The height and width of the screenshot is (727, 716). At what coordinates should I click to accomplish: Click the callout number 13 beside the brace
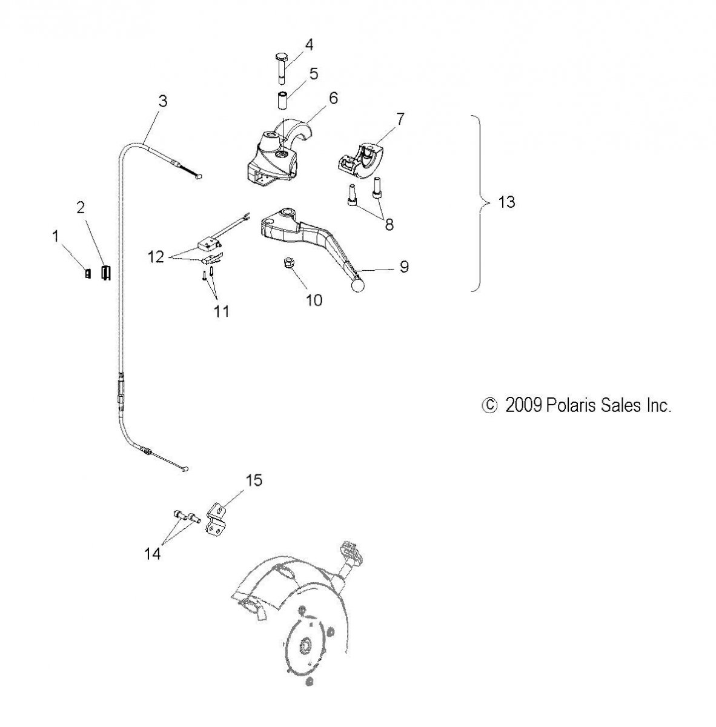pos(506,202)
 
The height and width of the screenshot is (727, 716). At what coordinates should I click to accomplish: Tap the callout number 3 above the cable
pos(162,101)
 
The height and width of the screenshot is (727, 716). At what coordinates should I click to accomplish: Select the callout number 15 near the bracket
pos(254,480)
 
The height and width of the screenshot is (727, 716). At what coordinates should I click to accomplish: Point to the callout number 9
pos(404,267)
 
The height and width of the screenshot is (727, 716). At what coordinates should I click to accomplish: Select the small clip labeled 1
pos(88,273)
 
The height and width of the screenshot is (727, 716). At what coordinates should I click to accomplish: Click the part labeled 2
pos(106,273)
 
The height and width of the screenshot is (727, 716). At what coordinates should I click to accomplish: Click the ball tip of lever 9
pos(358,285)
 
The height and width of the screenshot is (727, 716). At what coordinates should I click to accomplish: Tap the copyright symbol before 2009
pos(489,405)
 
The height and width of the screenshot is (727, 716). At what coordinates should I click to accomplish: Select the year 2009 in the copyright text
pos(523,405)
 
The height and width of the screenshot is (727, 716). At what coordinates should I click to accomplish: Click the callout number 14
pos(153,554)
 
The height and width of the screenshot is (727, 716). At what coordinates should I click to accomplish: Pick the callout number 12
pos(156,257)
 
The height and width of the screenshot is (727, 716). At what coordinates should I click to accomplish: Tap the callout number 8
pos(389,225)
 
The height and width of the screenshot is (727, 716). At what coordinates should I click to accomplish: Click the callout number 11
pos(222,311)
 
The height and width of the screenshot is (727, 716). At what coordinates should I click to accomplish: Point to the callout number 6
pos(333,98)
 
